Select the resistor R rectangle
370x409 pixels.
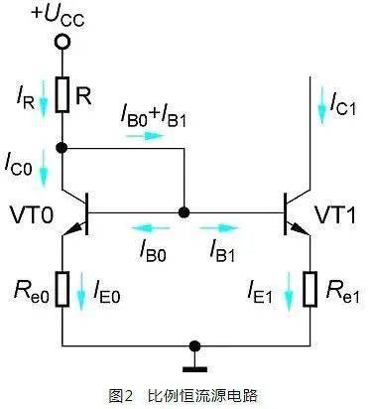click(x=62, y=95)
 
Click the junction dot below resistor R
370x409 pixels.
click(x=62, y=148)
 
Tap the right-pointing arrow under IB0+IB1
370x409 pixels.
click(x=142, y=136)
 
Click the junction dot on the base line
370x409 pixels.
click(x=184, y=212)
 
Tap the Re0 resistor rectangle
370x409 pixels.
click(x=62, y=290)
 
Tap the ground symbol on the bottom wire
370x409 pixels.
click(x=195, y=347)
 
